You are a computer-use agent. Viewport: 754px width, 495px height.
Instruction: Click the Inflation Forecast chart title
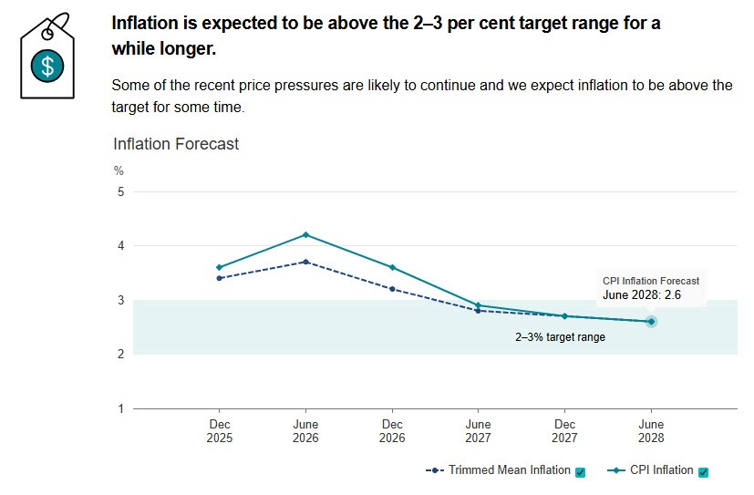176,144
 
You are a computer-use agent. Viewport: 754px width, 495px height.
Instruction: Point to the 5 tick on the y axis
119,191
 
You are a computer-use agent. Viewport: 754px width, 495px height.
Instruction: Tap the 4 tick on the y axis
119,246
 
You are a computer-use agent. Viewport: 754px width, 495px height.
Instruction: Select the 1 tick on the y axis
119,408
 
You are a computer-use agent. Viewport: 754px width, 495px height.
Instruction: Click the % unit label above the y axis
118,170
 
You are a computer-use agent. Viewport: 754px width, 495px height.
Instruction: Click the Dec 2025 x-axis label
220,431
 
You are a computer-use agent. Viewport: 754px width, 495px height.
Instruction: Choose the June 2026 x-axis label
305,431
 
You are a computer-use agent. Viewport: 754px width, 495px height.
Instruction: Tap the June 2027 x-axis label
479,431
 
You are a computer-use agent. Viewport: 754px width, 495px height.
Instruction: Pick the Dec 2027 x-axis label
564,431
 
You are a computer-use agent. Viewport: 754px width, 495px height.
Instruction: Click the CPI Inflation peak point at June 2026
305,235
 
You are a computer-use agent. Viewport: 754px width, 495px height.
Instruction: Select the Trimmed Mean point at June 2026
305,262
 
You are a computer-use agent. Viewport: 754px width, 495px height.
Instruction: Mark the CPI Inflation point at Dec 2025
220,267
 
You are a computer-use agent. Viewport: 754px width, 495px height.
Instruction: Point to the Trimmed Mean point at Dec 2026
392,289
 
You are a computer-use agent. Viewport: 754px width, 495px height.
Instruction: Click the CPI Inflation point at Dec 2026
392,267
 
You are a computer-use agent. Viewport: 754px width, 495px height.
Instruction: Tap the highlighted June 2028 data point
651,321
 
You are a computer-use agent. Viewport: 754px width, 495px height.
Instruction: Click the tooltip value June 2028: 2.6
641,294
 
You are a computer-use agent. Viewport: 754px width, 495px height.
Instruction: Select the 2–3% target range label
560,337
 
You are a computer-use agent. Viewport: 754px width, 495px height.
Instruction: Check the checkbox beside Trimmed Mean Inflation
581,472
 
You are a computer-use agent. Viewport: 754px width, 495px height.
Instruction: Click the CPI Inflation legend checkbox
703,472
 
